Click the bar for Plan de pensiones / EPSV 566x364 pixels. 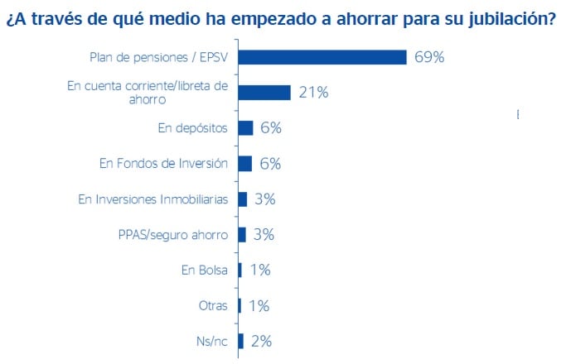click(322, 57)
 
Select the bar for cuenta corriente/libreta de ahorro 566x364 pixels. click(264, 92)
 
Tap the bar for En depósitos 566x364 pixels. click(244, 127)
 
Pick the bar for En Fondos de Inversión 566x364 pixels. click(244, 163)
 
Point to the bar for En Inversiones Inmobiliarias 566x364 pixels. click(242, 199)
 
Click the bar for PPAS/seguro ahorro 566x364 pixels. click(241, 234)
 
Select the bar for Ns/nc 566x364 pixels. click(240, 341)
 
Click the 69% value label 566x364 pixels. click(430, 57)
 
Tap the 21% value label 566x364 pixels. click(313, 92)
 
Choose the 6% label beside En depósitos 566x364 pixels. click(270, 127)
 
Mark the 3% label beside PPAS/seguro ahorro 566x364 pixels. click(263, 234)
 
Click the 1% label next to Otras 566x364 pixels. click(259, 305)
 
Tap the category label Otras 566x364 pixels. click(213, 305)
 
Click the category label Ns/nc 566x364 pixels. click(211, 341)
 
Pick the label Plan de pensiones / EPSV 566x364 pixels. click(158, 57)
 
